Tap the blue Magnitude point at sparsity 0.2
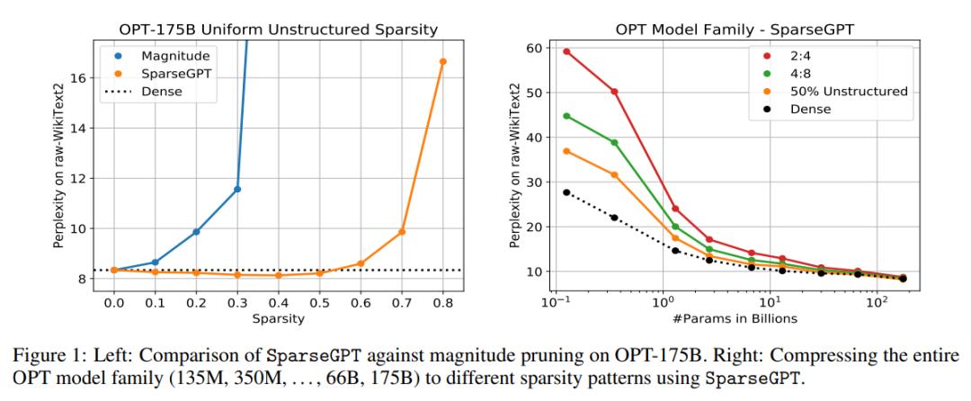point(196,232)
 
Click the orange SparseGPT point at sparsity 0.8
point(442,61)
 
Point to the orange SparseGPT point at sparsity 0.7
point(402,232)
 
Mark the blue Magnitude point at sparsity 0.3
point(237,189)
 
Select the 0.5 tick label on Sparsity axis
point(319,306)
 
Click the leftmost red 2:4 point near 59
point(566,51)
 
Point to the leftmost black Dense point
point(566,192)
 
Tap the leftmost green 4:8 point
point(566,116)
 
